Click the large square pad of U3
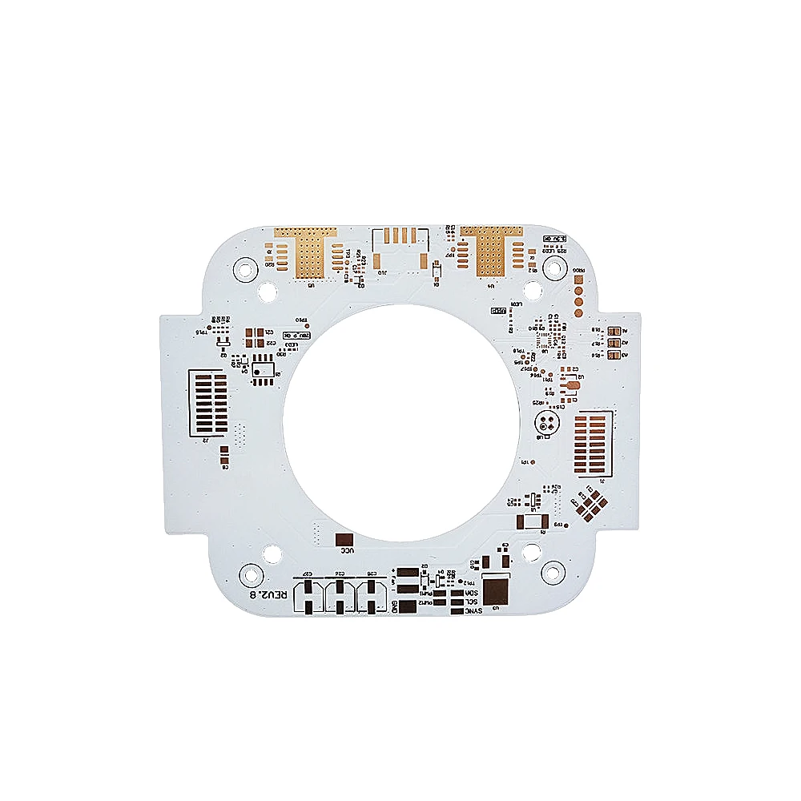coord(497,591)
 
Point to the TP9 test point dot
coord(564,525)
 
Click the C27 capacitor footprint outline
coord(307,597)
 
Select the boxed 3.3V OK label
coord(554,239)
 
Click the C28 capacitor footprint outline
coord(371,597)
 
